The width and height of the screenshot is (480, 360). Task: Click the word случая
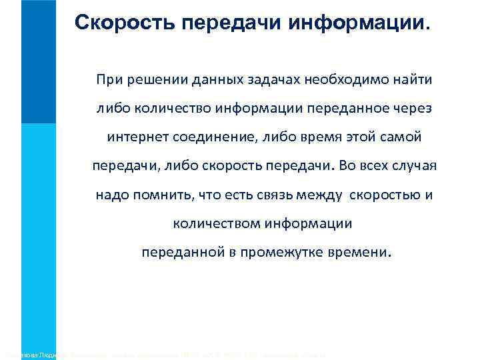[415, 167]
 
